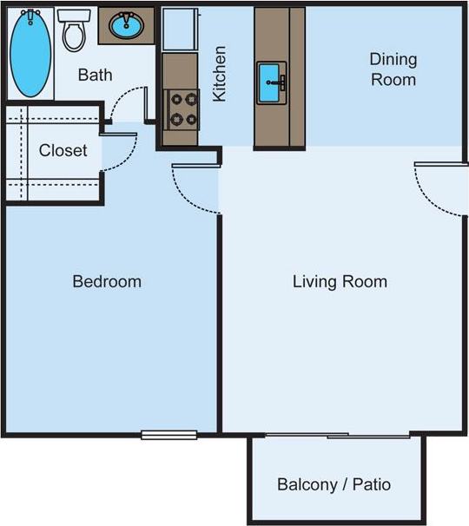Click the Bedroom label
(106, 281)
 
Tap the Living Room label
(340, 281)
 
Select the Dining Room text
(393, 69)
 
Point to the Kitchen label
(221, 74)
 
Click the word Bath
(95, 75)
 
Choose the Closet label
(63, 150)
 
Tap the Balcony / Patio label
(334, 484)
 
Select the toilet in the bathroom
(74, 31)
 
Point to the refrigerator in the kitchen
(181, 30)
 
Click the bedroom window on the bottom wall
(168, 434)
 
